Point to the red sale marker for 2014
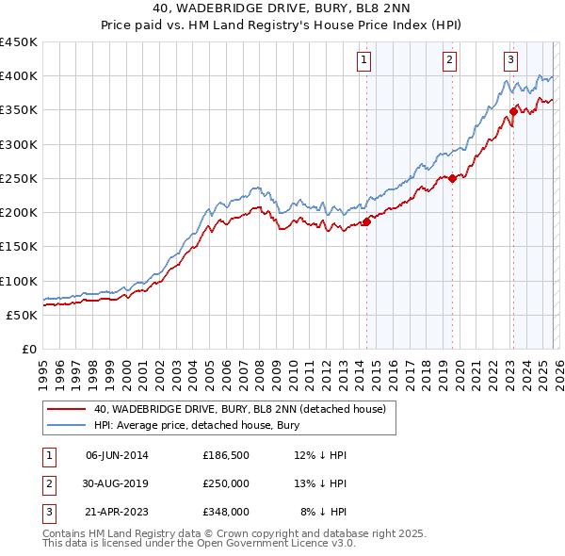[x=366, y=222]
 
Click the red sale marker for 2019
[x=453, y=178]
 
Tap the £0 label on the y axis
[x=29, y=350]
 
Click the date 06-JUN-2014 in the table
[x=117, y=455]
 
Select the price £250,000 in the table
[x=226, y=483]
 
